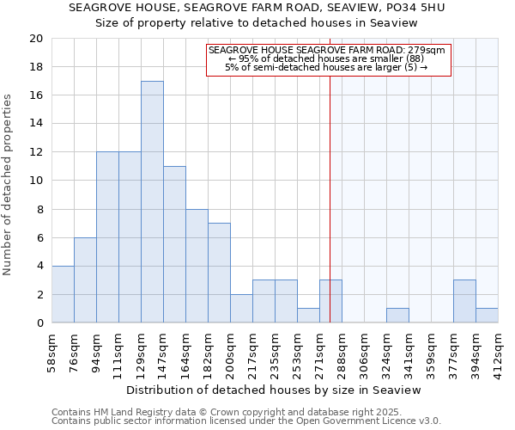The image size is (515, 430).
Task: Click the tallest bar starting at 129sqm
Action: (152, 202)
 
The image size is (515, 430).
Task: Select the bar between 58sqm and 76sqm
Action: (63, 294)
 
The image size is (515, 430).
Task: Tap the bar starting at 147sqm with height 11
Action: (174, 244)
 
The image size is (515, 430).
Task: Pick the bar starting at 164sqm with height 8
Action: (197, 266)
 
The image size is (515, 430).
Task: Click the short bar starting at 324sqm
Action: (397, 316)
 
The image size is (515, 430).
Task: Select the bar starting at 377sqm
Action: (464, 301)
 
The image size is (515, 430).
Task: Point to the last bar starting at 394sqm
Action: (487, 316)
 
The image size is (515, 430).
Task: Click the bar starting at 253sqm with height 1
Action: (308, 316)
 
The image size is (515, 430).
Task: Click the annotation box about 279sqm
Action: (329, 59)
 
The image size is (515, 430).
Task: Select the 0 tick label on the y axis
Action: (39, 323)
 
